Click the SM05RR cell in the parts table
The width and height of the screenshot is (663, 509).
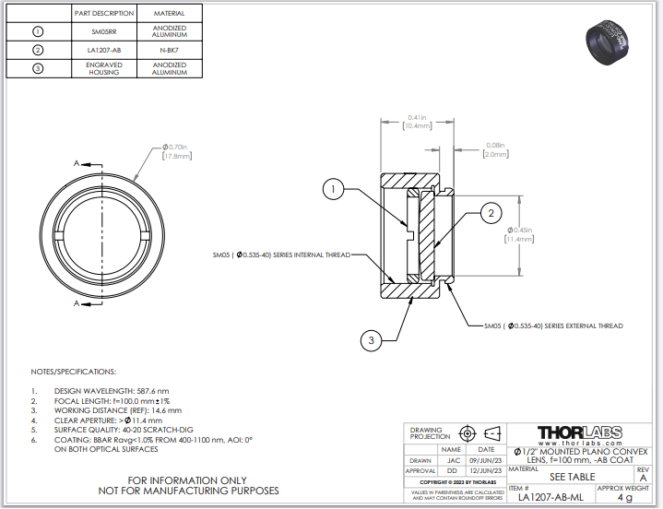[x=104, y=30]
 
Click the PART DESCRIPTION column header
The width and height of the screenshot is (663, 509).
[x=104, y=14]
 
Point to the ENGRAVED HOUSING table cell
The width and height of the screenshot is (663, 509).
[x=104, y=69]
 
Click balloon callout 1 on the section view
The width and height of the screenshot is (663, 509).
[x=333, y=190]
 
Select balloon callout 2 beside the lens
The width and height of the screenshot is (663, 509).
[x=491, y=214]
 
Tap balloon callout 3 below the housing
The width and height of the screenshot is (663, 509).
[x=371, y=340]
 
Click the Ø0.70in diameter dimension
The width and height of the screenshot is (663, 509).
[x=175, y=152]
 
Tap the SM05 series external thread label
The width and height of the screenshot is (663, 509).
[x=553, y=326]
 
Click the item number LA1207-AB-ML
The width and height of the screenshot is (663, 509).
[x=550, y=498]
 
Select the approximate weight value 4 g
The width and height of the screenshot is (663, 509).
[x=624, y=498]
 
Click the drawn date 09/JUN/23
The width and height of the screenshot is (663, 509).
[x=485, y=459]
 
